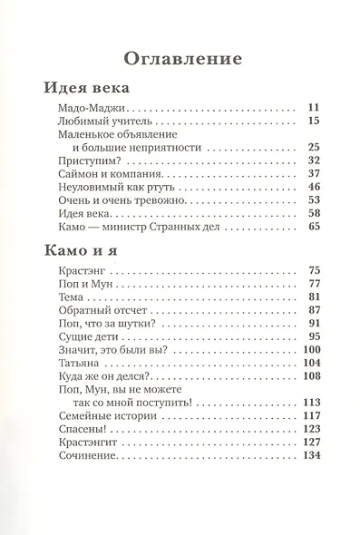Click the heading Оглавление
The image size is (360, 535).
(x=180, y=60)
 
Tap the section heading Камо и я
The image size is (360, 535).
(x=83, y=248)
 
